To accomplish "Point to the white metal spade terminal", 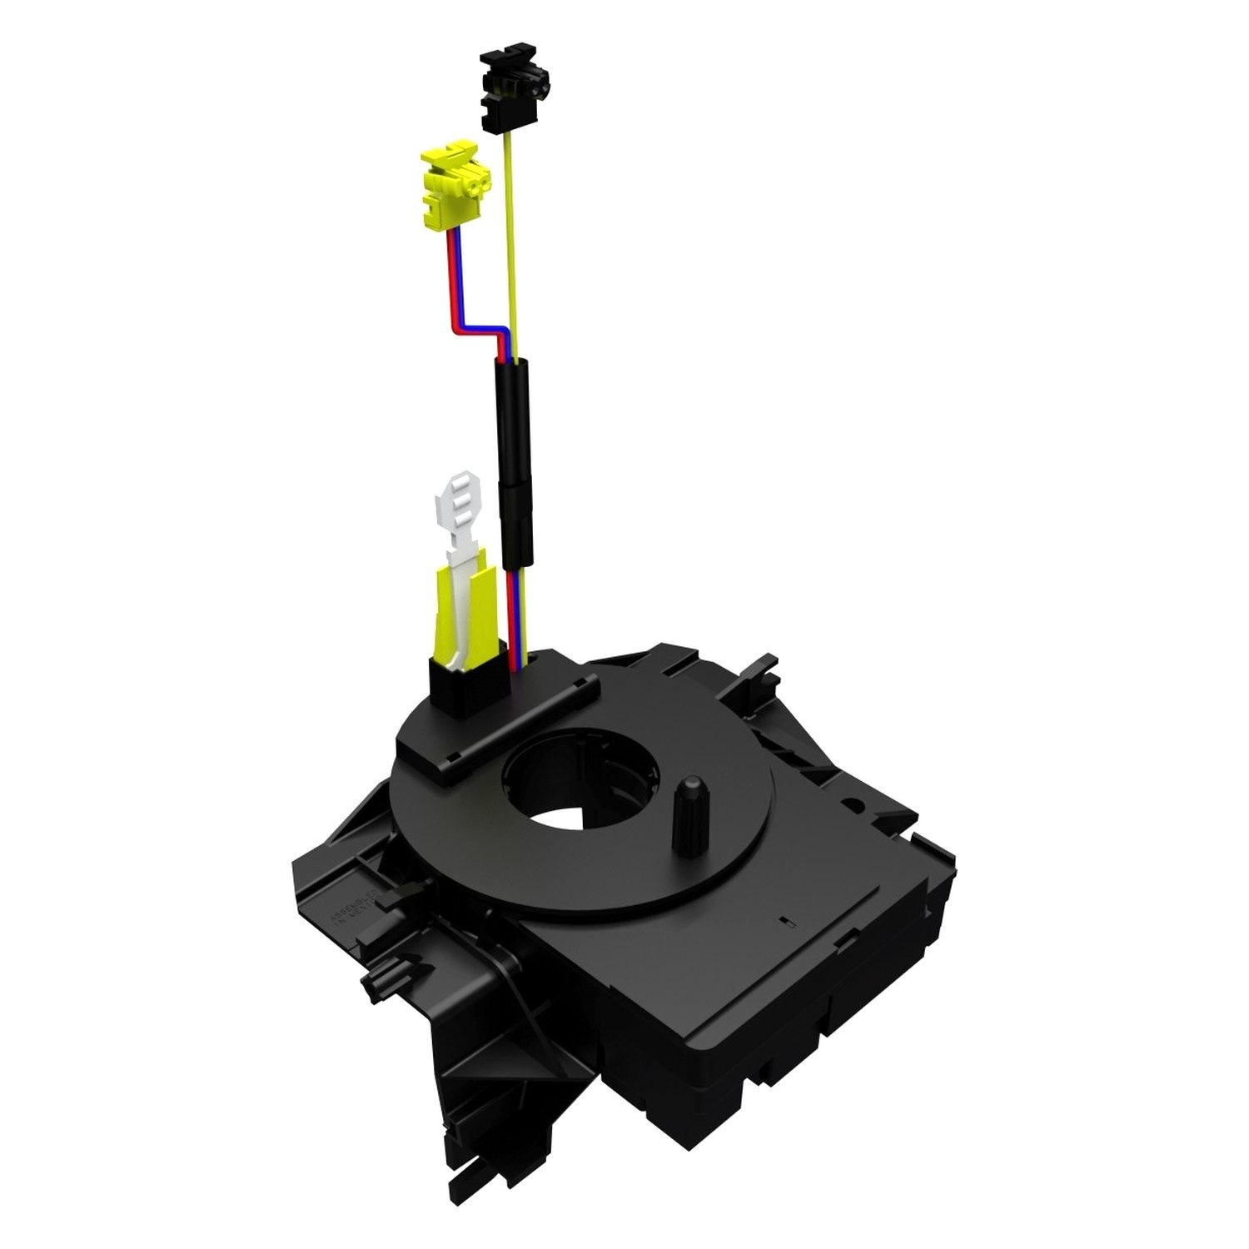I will click(x=457, y=516).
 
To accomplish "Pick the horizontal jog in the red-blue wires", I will click(x=479, y=326).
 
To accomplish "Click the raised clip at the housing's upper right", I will click(x=762, y=666).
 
